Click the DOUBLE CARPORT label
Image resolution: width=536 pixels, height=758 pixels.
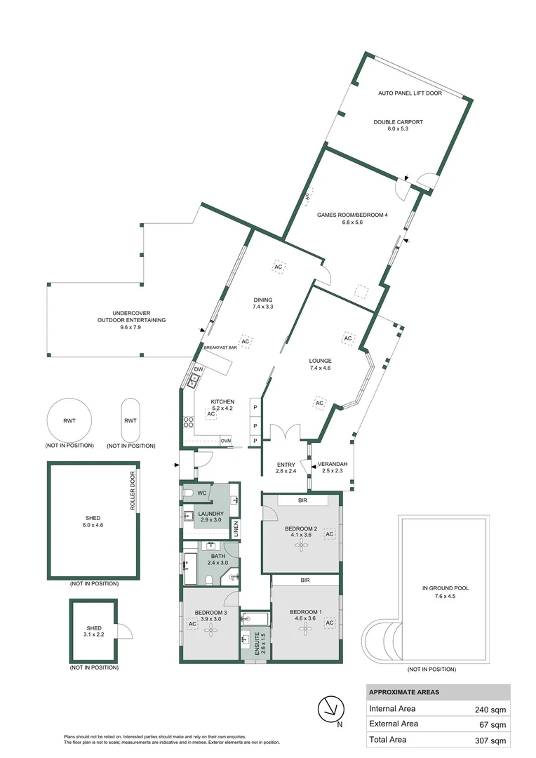click(398, 121)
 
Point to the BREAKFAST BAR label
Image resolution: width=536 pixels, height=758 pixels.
click(220, 347)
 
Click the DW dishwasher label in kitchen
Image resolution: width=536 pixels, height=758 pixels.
click(199, 369)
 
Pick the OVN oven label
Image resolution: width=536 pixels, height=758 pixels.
click(225, 441)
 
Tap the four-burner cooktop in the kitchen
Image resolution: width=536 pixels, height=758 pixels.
click(189, 422)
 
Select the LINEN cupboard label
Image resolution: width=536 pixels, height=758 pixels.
click(236, 528)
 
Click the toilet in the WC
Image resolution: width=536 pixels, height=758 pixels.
click(188, 493)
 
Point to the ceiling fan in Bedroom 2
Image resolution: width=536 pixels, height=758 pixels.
click(302, 544)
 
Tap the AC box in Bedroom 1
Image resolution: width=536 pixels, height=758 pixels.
click(329, 623)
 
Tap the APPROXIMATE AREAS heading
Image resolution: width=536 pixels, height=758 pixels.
click(404, 692)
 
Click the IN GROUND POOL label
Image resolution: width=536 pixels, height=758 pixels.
click(445, 588)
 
